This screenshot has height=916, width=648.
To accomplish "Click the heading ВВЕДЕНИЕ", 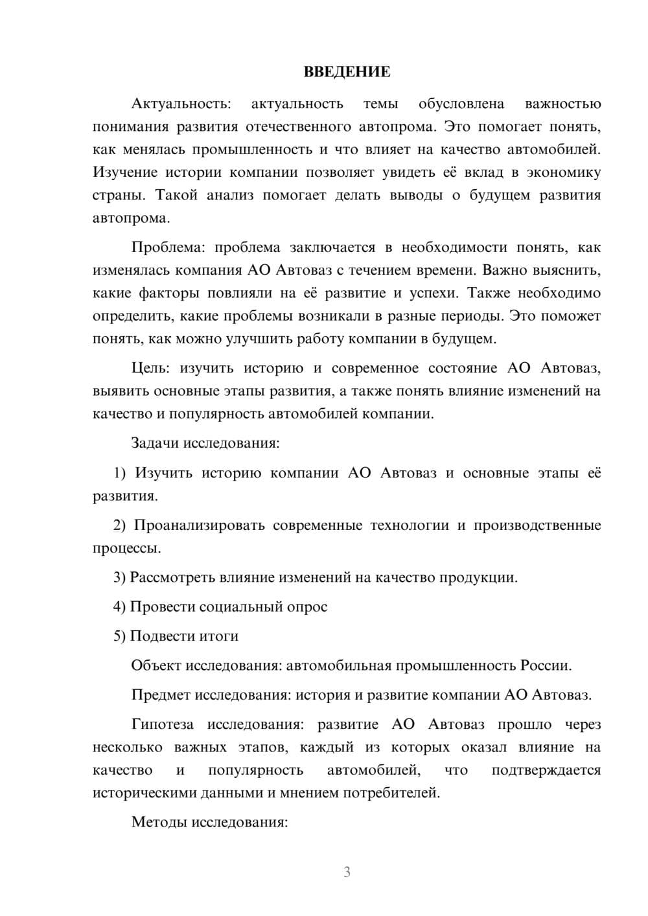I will point(347,72).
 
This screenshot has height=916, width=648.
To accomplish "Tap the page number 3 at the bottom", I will point(347,872).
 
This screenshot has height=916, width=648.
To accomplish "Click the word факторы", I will point(166,293).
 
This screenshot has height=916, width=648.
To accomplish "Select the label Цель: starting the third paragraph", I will point(150,369).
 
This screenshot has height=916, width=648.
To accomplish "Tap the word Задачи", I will point(156,444).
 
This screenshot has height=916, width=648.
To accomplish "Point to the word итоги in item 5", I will point(218,636).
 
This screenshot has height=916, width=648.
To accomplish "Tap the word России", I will point(545,666).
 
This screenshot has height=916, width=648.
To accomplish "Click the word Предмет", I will point(161,695).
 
